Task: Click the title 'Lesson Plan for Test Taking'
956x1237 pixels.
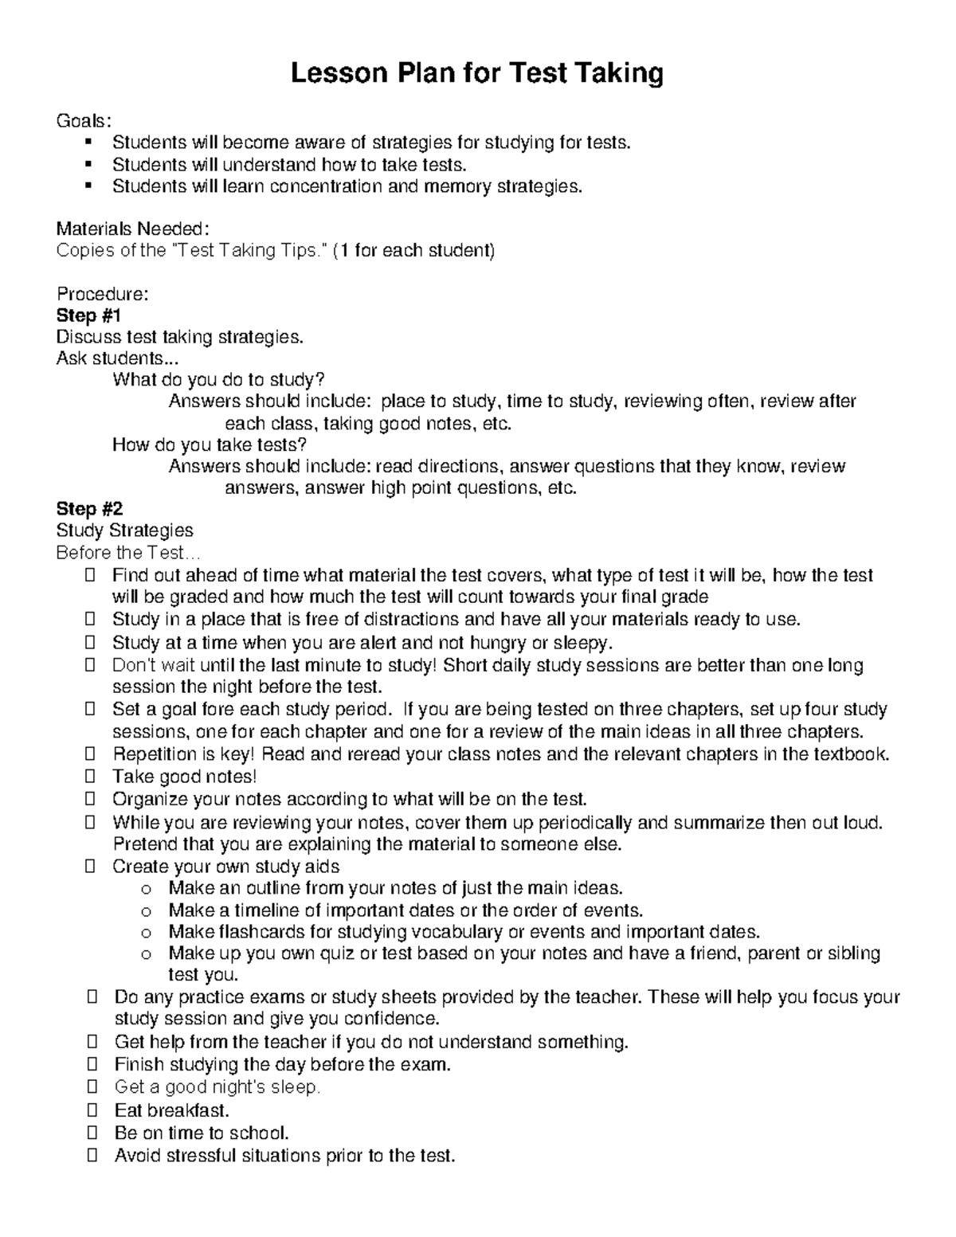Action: tap(476, 74)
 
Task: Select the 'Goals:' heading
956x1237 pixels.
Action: tap(84, 121)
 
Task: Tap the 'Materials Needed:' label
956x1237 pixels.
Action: tap(133, 229)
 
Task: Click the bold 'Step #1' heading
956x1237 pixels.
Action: tap(88, 315)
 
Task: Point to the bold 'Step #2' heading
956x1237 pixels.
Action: tap(89, 508)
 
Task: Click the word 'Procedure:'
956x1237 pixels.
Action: tap(102, 294)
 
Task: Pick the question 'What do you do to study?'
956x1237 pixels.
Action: tap(219, 380)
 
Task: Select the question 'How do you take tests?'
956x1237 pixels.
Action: tap(210, 444)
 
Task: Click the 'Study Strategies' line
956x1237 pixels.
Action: tap(124, 530)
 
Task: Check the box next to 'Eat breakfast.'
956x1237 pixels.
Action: tap(90, 1110)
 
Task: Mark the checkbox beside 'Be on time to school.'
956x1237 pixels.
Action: tap(90, 1133)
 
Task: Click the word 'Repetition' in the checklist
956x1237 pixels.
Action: tap(154, 754)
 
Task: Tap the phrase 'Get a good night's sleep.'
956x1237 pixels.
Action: tap(217, 1087)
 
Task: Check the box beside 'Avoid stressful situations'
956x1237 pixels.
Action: tap(90, 1155)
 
